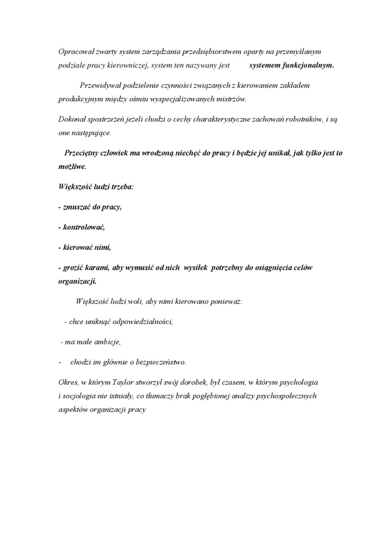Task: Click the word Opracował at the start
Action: coord(75,53)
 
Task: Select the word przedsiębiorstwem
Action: coord(203,53)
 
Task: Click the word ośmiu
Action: coord(154,98)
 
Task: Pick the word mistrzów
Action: coord(232,98)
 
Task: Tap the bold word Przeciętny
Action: coord(83,153)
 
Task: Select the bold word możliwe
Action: coord(72,166)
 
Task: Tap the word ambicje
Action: coord(108,342)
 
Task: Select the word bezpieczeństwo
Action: coord(159,362)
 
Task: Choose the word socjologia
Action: coord(80,396)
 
